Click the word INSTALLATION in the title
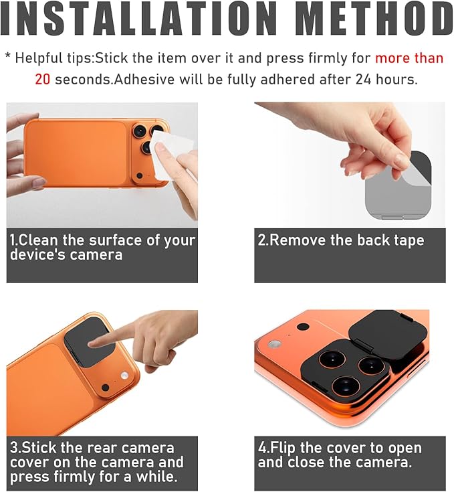pos(138,19)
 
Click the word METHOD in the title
pos(374,19)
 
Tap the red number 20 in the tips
pos(42,80)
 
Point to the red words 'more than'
pos(409,58)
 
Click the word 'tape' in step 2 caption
pos(409,241)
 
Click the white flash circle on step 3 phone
pos(125,376)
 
